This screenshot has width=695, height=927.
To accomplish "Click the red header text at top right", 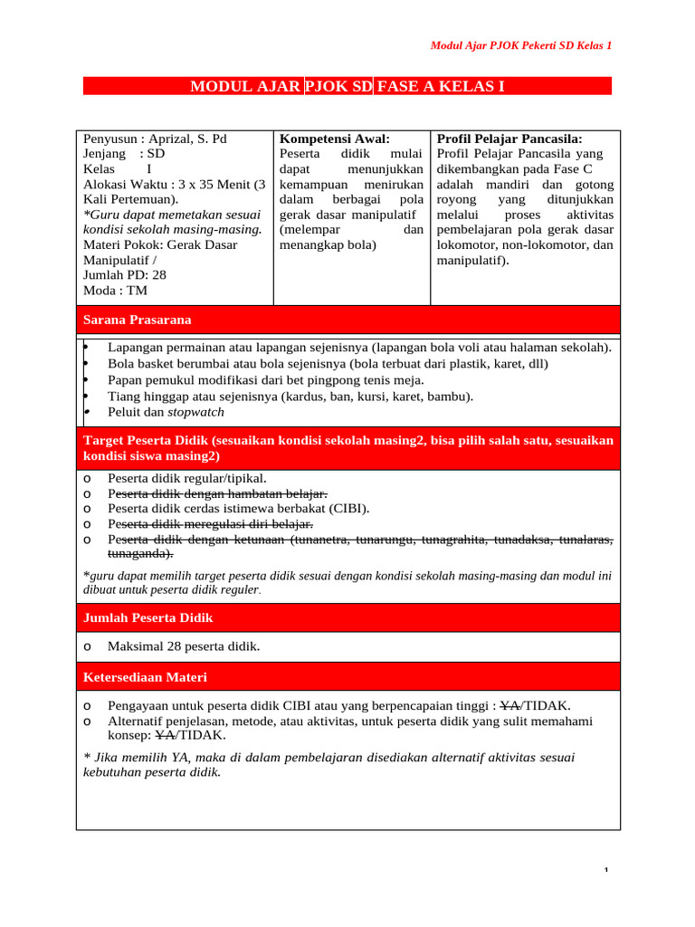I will click(519, 45).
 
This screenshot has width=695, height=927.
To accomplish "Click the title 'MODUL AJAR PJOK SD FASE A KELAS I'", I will click(347, 87).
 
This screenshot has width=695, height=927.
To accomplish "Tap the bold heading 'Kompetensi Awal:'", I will click(334, 139).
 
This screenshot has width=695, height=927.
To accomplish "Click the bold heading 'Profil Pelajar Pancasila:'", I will click(509, 139).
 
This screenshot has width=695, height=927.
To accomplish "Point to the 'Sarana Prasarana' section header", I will click(137, 320).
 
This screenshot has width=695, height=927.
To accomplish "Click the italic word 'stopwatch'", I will click(195, 412).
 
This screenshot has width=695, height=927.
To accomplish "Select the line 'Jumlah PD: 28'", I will click(125, 274).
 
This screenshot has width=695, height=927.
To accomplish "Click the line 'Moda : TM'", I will click(115, 291).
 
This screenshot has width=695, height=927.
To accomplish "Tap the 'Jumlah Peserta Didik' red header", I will click(148, 617).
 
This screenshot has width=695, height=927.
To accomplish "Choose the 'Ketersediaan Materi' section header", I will click(145, 676).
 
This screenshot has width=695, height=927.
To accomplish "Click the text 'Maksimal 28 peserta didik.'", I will click(184, 646).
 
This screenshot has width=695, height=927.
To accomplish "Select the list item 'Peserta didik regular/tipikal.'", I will click(187, 478).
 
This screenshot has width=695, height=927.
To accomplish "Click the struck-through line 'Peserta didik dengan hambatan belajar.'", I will click(217, 493).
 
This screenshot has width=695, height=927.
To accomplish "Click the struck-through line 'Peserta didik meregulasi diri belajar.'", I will click(210, 524).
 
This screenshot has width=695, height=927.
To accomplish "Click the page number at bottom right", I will click(607, 871).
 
